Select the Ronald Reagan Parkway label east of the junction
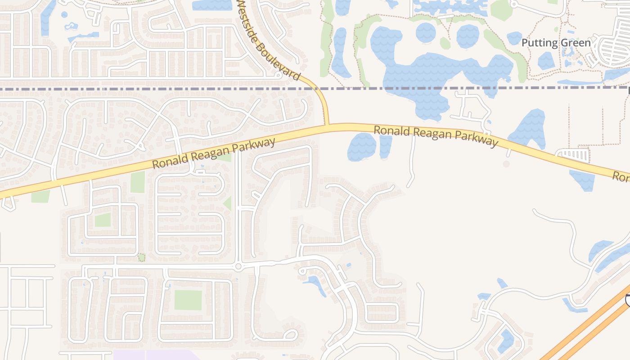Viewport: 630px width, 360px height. (436, 136)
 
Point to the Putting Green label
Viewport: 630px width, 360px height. (556, 43)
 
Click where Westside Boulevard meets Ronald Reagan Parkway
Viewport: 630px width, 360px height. (327, 126)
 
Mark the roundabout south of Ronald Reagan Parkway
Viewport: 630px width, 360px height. (238, 266)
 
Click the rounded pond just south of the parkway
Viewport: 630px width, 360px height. (362, 147)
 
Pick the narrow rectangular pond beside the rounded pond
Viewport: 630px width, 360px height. (386, 146)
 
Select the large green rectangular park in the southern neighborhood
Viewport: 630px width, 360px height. (188, 300)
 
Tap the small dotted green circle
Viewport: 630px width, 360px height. (141, 257)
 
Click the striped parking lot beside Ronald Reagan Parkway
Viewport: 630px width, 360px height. (573, 155)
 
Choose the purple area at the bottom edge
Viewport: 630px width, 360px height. (157, 355)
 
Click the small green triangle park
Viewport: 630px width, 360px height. (228, 203)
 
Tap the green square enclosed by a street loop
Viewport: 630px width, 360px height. (103, 220)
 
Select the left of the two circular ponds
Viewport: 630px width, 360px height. (426, 32)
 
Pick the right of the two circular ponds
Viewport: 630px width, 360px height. (468, 36)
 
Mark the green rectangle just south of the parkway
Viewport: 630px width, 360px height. (138, 182)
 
